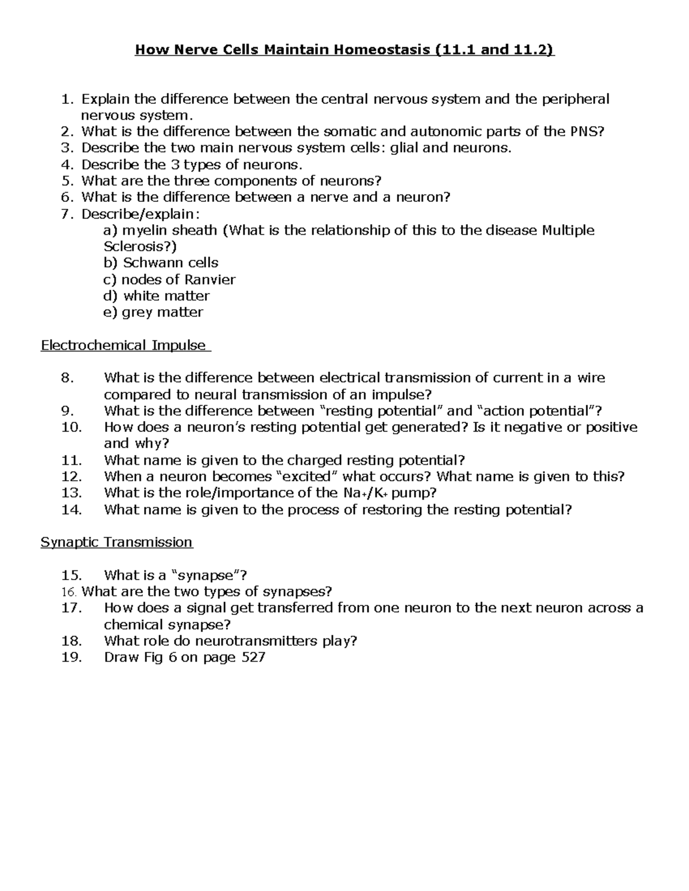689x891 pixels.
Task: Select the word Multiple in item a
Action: (568, 231)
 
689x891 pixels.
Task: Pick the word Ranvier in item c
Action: (210, 280)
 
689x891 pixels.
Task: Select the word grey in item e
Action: (137, 313)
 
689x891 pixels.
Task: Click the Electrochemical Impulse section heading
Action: (123, 345)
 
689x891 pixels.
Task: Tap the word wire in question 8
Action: (591, 378)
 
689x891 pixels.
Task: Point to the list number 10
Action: (72, 427)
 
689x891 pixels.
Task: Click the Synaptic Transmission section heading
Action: (117, 542)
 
